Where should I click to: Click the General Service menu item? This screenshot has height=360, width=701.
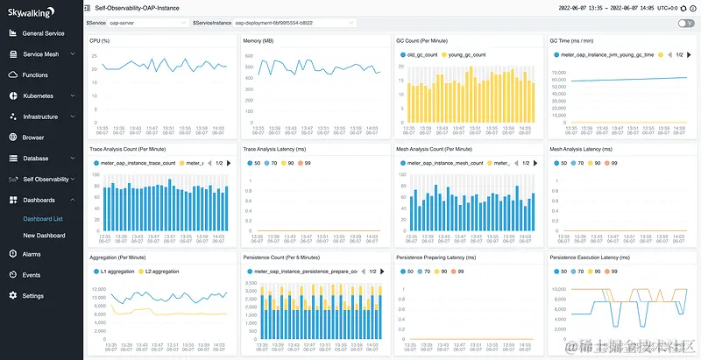(43, 33)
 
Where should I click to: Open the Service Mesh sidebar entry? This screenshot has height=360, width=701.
(41, 54)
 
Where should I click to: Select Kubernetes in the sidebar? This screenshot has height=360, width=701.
(38, 95)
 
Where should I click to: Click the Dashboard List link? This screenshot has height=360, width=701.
(43, 218)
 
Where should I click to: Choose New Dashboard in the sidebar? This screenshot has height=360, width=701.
(44, 236)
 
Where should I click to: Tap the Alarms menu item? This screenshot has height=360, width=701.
(32, 254)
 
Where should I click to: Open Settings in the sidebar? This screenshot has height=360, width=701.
(32, 296)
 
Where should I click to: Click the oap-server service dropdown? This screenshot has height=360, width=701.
(146, 23)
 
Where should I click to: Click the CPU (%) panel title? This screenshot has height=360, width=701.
(102, 40)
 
